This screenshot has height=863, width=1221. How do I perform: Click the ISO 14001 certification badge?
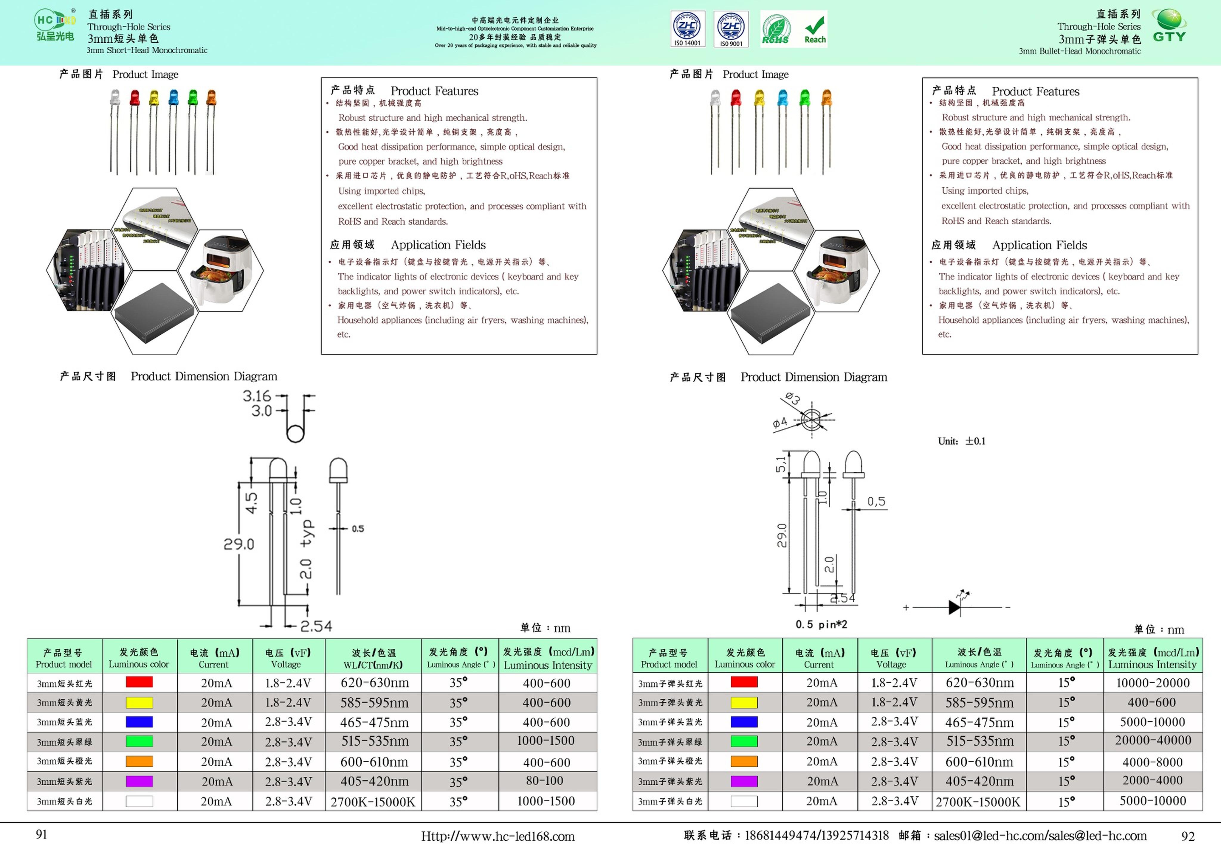pos(687,29)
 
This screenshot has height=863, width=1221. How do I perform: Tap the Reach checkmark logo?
pos(815,29)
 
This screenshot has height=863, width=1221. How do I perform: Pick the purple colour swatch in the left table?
pos(139,781)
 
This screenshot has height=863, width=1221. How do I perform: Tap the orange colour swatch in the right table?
pos(744,761)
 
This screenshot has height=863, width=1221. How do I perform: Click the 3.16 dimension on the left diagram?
pos(257,396)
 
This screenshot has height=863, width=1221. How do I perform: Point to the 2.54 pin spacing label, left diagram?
pos(316,626)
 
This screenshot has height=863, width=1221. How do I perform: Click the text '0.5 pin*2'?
pos(821,624)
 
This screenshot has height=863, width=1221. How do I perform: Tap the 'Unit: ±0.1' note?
pos(961,441)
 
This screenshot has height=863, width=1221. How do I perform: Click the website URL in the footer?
pos(498,836)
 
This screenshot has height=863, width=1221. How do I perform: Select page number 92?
pos(1188,836)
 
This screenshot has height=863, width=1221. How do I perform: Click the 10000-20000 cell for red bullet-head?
pos(1152,683)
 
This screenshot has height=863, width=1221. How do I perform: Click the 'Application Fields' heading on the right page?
pos(1039,245)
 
